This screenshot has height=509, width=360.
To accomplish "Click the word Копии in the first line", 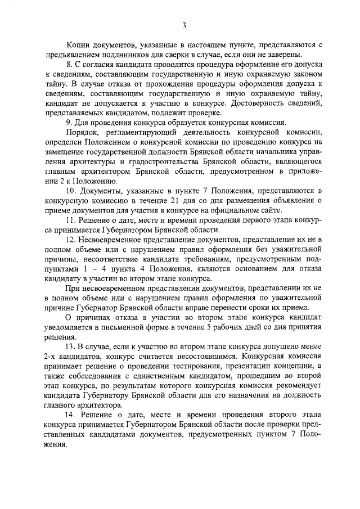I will [x=78, y=44].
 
